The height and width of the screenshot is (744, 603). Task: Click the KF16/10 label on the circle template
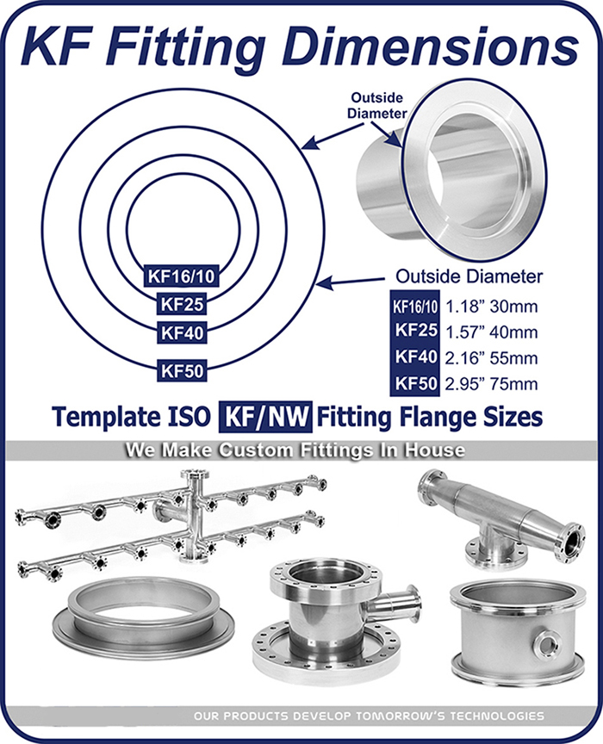click(x=181, y=276)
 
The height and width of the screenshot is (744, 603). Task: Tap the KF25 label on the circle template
click(x=182, y=304)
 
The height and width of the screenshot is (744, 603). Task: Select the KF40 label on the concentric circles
click(x=182, y=332)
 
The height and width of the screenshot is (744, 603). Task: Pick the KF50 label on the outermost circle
click(x=182, y=370)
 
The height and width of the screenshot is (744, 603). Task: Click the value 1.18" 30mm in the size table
click(x=491, y=307)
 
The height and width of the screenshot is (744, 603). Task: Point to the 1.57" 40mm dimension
click(x=491, y=332)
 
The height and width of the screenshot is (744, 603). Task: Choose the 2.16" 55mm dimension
click(x=491, y=357)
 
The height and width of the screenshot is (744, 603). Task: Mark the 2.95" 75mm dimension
click(x=491, y=383)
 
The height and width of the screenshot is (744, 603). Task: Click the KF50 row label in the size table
click(x=415, y=383)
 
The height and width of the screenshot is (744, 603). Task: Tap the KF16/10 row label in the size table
click(x=415, y=307)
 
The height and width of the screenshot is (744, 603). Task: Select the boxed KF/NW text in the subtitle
click(x=265, y=417)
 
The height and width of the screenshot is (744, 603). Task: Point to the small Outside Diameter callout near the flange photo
click(x=377, y=105)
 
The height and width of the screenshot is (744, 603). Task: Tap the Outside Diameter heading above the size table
click(x=469, y=276)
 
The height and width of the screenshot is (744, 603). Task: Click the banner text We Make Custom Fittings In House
click(x=295, y=449)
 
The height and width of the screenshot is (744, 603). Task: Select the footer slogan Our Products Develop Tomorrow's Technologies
click(x=369, y=716)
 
